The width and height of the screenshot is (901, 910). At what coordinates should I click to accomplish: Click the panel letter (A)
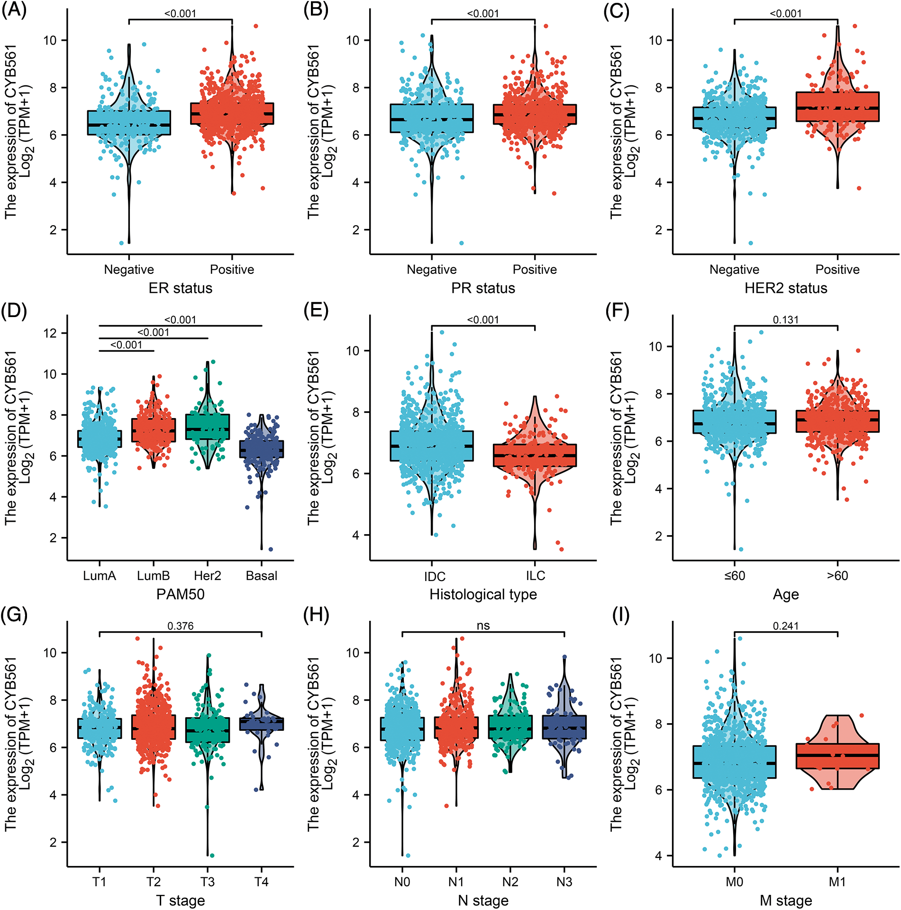coord(14,11)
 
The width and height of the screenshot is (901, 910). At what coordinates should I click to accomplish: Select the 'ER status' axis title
coord(180,288)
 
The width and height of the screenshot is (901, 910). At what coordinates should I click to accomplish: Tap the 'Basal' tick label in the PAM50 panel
coord(262,575)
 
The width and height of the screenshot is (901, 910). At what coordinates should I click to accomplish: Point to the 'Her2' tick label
coord(208,575)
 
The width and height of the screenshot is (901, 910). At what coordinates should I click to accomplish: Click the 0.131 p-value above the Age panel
coord(785,320)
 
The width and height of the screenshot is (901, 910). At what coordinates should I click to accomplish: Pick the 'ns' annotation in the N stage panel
coord(483,626)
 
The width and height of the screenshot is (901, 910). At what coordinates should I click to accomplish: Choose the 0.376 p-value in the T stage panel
coord(180,626)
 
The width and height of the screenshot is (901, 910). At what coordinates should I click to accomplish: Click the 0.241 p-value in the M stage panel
coord(785,626)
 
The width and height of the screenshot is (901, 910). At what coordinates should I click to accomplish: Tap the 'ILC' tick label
coord(535,575)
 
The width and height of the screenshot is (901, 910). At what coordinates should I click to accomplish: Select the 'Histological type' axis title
coord(483,594)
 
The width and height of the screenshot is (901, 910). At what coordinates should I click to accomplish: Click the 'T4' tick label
coord(262,882)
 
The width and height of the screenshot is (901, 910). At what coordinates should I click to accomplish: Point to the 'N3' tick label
coord(564,882)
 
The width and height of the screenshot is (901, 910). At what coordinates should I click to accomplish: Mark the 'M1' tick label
coord(837,882)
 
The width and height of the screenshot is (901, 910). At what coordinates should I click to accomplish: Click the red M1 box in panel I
coord(837,755)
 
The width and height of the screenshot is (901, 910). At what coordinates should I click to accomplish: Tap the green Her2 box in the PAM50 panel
coord(208,427)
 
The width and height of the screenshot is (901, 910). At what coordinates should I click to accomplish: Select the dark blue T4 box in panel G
coord(262,724)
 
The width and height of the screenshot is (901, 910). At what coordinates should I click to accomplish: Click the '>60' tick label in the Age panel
coord(837,575)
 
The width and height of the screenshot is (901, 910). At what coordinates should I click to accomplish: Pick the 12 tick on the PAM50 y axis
coord(50,333)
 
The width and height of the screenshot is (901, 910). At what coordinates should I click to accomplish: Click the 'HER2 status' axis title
coord(785,288)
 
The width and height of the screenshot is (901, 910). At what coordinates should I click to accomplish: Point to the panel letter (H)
coord(317,615)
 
